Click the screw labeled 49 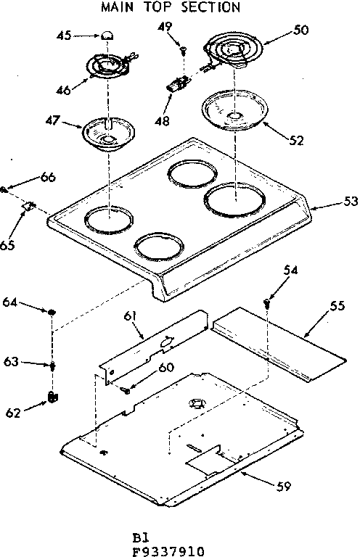(x=184, y=49)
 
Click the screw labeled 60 (x=128, y=390)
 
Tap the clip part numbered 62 (x=52, y=395)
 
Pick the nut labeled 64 (x=52, y=312)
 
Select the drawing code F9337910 (x=168, y=550)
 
